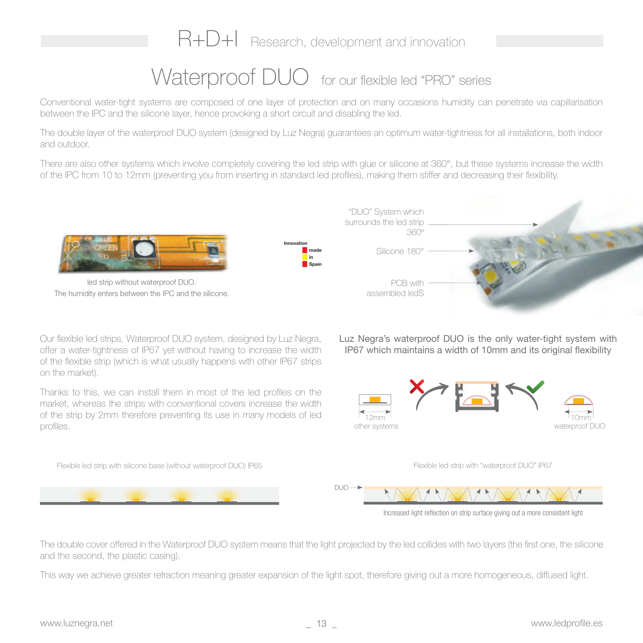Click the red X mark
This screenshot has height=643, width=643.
[417, 387]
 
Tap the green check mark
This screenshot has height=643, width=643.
[535, 387]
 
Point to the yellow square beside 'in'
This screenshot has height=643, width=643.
[305, 257]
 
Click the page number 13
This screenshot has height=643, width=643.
[321, 623]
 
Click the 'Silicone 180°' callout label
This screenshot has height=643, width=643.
[400, 251]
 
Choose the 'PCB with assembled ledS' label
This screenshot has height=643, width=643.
[395, 288]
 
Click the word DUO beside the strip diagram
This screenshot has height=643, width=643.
[341, 488]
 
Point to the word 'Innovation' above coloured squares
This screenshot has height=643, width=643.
[296, 243]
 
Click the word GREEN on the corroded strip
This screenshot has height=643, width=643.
[106, 248]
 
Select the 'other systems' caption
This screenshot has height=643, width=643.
[376, 426]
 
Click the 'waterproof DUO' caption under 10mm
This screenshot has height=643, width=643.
[579, 426]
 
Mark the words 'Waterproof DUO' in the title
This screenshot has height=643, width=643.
[230, 77]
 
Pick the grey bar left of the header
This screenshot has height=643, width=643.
[94, 41]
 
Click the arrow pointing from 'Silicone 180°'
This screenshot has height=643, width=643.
[451, 251]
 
